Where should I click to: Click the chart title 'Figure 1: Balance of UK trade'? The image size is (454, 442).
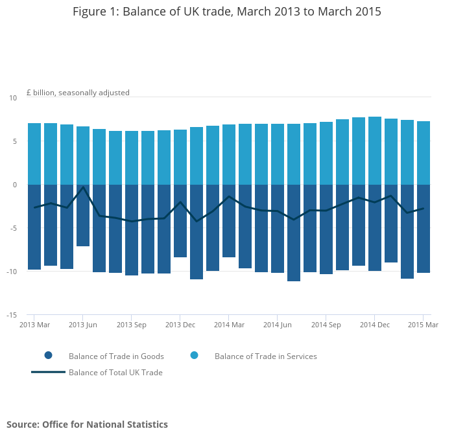[x=226, y=12]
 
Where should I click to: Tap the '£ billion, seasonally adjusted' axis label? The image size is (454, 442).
[x=78, y=93]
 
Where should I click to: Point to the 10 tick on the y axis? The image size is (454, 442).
[x=13, y=98]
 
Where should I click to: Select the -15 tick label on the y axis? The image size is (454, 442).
[x=11, y=316]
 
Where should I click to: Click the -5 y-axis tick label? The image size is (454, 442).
[x=12, y=228]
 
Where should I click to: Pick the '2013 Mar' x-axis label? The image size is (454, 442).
[x=34, y=325]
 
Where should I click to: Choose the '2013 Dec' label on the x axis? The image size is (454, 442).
[x=180, y=325]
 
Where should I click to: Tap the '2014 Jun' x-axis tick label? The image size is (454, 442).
[x=278, y=325]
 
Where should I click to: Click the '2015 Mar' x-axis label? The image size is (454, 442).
[x=423, y=325]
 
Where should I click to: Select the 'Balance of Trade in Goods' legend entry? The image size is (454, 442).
[x=116, y=356]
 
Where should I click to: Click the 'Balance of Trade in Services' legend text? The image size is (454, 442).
[x=265, y=356]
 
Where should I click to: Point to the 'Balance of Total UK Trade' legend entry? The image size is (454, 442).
[x=115, y=373]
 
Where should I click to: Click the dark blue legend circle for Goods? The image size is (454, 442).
[x=48, y=356]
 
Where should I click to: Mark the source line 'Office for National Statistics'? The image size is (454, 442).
[x=87, y=425]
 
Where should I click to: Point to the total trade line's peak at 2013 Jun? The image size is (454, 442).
[x=83, y=187]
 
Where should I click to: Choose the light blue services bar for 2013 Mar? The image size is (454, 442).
[x=34, y=154]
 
